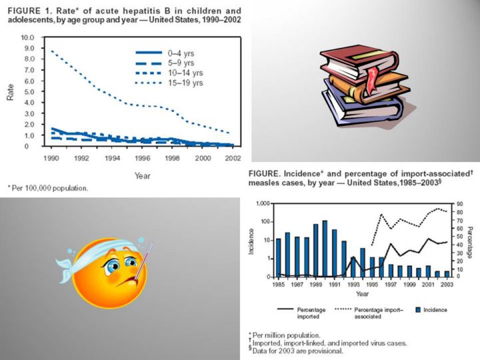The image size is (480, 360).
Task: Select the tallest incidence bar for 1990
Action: [x=325, y=248]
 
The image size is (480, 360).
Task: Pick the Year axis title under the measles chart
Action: [x=362, y=293]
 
